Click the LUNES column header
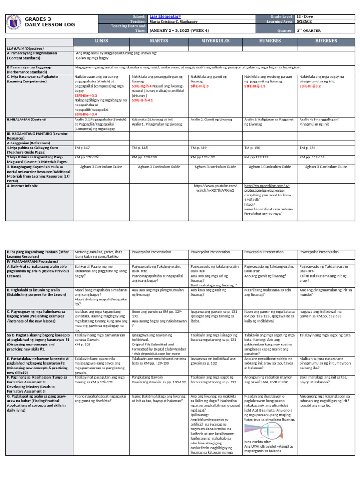[x=101, y=41]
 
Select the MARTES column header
[x=159, y=41]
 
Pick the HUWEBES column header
[x=270, y=41]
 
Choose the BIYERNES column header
[x=326, y=41]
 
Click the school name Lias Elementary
[x=165, y=16]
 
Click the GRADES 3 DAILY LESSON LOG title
[x=42, y=22]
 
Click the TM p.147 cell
[x=82, y=147]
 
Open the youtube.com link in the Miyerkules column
[x=215, y=188]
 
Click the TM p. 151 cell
[x=307, y=147]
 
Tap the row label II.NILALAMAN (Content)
[x=27, y=120]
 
